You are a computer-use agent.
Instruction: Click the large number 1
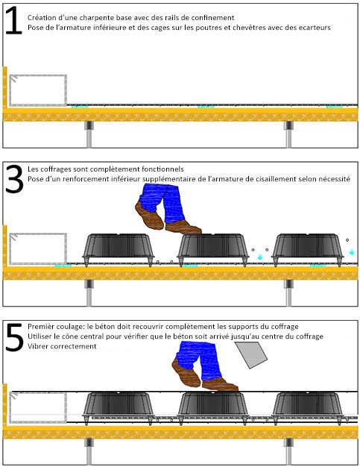point(13,20)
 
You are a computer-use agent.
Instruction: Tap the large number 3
point(14,178)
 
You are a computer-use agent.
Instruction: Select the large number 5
point(14,337)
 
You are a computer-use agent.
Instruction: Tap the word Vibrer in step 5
point(38,346)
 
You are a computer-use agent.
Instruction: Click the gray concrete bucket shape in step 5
point(251,354)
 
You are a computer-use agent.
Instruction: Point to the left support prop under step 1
point(89,134)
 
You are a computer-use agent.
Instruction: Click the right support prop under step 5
point(288,451)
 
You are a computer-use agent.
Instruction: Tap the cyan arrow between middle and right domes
point(260,257)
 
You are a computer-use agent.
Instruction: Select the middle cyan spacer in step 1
point(206,107)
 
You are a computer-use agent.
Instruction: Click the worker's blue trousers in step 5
point(198,360)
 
